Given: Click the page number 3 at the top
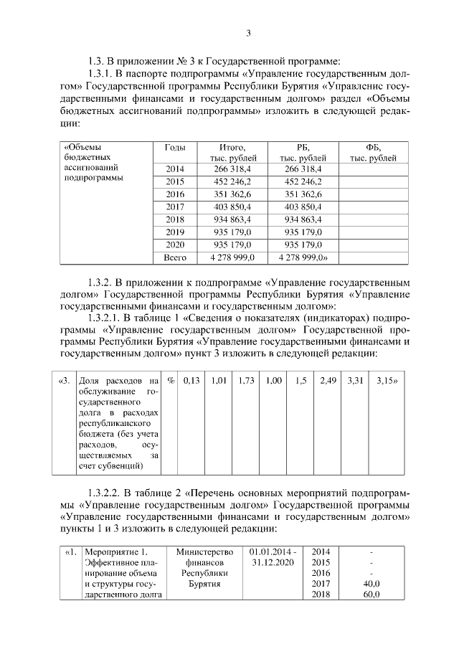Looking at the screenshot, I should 248,33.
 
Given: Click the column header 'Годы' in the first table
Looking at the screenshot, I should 175,146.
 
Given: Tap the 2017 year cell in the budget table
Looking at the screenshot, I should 175,207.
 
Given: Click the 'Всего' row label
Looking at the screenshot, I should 175,256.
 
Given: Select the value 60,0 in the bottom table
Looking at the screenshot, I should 371,596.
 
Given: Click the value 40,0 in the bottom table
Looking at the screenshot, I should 371,584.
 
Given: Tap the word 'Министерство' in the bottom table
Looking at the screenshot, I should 205,551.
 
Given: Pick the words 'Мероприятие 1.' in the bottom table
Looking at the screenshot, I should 110,551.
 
